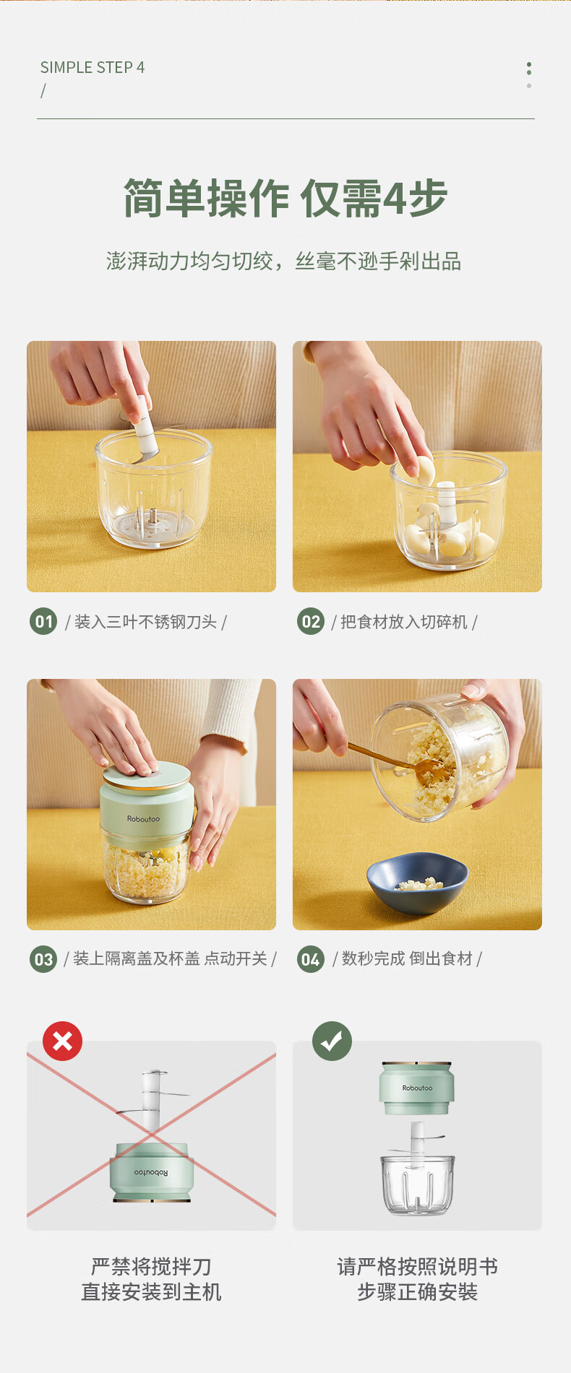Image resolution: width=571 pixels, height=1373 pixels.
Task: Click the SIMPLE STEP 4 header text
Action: [x=93, y=67]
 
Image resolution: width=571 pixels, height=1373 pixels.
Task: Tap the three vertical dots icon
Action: [x=529, y=75]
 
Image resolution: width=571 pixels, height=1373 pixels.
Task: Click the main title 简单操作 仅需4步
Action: [x=285, y=198]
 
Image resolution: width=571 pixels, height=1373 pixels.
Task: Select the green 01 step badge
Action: [x=43, y=621]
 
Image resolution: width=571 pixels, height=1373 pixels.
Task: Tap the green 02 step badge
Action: [x=311, y=621]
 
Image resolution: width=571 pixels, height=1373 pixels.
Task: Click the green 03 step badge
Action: [x=43, y=959]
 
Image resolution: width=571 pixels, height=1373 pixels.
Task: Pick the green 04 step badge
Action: [x=311, y=959]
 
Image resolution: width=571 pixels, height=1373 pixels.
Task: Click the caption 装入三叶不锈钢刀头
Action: [x=146, y=622]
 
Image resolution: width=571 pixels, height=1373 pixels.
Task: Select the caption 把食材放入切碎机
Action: [x=404, y=622]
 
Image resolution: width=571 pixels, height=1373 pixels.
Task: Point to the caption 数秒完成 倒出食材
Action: [x=407, y=958]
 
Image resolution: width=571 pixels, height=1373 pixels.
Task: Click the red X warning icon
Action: [x=63, y=1041]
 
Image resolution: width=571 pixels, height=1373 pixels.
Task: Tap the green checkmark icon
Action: [x=332, y=1041]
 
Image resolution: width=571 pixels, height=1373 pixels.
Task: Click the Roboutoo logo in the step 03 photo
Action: [x=143, y=819]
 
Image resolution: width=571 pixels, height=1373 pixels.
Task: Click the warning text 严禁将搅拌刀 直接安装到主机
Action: [x=151, y=1279]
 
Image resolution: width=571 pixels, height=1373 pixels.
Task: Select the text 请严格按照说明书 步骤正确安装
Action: [x=418, y=1279]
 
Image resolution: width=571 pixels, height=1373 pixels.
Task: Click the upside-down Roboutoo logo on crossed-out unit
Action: [x=151, y=1172]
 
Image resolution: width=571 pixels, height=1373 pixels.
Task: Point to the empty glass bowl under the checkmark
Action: [x=418, y=1184]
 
